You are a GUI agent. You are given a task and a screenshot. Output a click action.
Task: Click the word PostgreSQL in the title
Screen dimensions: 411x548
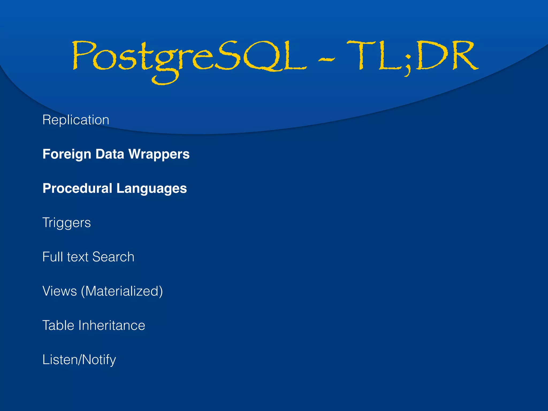[189, 58]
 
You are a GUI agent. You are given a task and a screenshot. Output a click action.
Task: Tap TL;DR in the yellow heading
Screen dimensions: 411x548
[412, 56]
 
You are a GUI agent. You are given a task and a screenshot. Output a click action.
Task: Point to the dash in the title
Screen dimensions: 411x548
[326, 59]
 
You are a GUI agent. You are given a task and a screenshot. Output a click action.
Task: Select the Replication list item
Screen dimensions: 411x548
[76, 120]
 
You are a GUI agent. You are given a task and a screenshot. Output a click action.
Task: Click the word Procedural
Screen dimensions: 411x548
[77, 188]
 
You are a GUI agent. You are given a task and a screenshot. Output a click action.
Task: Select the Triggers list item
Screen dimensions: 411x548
[67, 223]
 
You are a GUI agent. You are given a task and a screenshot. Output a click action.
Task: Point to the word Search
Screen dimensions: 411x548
[113, 257]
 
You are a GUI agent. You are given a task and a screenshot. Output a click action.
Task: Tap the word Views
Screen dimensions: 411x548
[60, 291]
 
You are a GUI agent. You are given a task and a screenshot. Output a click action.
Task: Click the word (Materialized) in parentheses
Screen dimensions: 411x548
[122, 291]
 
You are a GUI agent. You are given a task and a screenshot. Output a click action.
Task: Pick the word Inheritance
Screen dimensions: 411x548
[112, 325]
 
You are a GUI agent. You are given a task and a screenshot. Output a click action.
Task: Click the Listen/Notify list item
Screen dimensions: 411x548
[79, 360]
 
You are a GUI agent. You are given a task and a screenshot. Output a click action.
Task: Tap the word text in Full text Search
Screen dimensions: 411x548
[78, 257]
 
